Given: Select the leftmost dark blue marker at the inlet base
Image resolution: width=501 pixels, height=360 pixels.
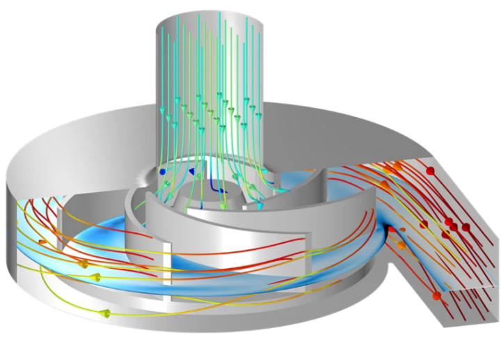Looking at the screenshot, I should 162,170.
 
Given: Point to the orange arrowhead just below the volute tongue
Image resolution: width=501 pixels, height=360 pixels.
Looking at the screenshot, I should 401,245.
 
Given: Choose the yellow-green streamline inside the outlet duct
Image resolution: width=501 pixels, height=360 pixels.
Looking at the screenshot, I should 417,230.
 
